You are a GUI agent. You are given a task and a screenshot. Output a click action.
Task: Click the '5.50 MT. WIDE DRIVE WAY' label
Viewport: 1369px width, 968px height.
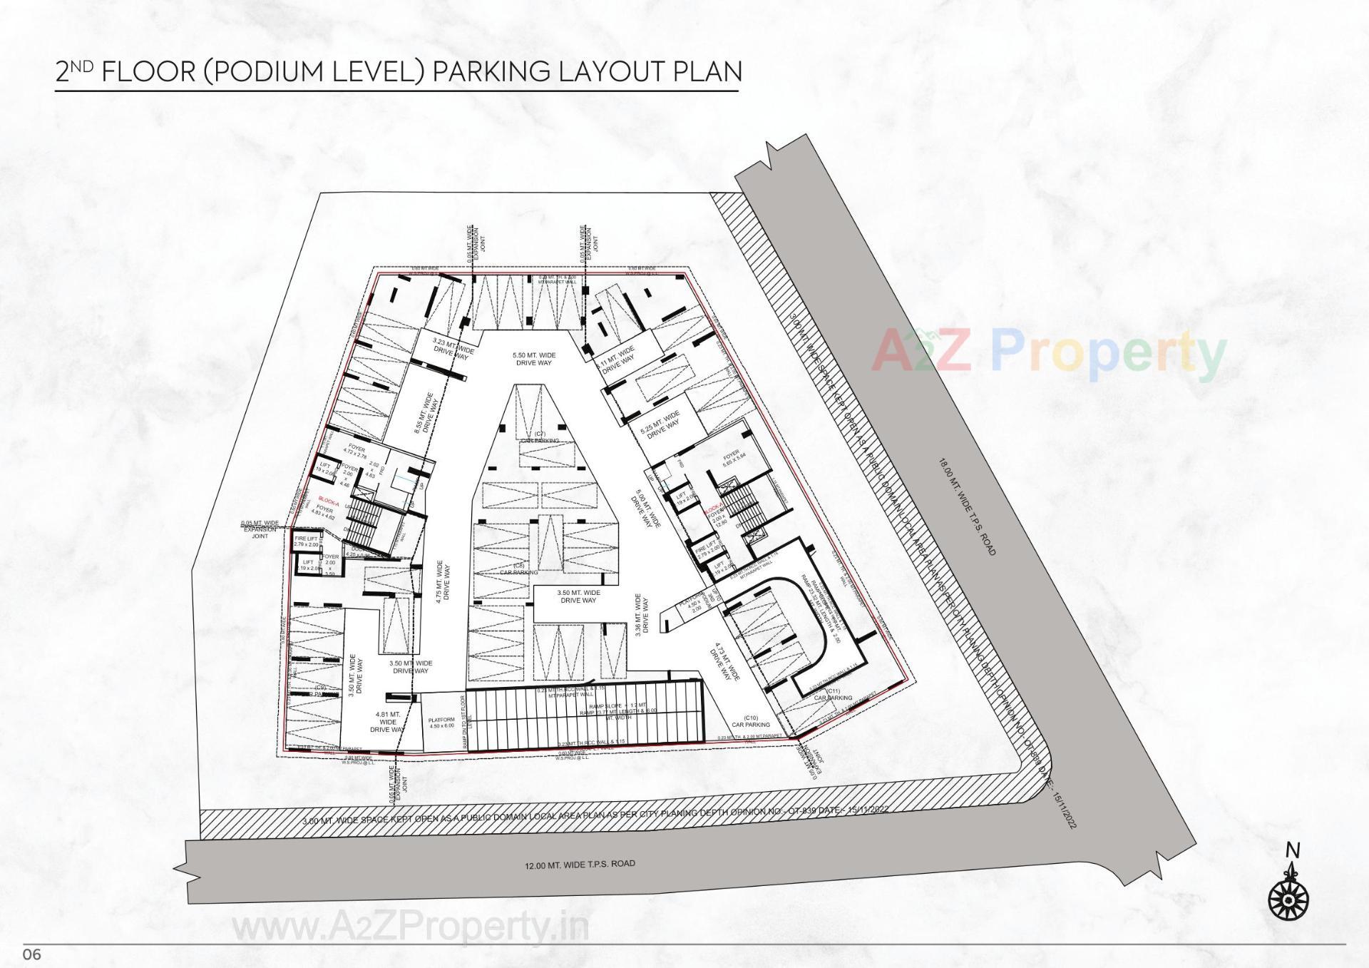click(534, 359)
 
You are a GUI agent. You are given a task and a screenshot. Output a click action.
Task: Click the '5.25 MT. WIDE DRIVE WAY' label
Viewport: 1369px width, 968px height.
click(661, 424)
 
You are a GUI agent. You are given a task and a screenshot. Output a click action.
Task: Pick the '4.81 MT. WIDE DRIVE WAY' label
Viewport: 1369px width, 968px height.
click(390, 721)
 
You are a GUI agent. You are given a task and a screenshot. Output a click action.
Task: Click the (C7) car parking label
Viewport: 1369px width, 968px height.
click(539, 437)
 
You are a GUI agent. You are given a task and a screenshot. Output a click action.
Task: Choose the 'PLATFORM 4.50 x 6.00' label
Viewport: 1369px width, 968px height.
click(441, 723)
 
